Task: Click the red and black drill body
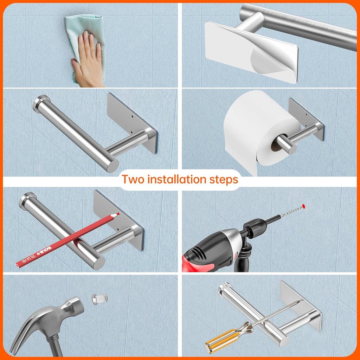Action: pos(211,250)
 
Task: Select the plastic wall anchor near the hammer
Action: pos(99,299)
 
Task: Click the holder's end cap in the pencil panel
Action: pos(26,200)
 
